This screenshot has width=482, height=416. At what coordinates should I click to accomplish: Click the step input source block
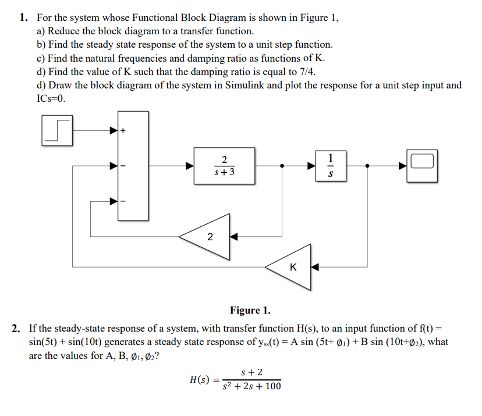coord(56,131)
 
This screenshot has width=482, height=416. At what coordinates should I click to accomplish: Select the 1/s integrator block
coord(331,166)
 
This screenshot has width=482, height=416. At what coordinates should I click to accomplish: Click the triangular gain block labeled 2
coord(208,237)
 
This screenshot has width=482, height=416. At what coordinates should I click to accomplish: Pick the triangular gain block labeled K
coord(292,268)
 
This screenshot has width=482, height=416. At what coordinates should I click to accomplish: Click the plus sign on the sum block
coord(123,131)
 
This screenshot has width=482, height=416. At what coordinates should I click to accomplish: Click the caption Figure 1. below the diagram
coord(250,310)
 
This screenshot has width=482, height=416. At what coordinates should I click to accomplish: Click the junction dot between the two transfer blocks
coord(282,166)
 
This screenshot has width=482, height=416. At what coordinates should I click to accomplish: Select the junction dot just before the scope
coord(366,166)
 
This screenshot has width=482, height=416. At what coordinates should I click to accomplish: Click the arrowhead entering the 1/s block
coord(312,166)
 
